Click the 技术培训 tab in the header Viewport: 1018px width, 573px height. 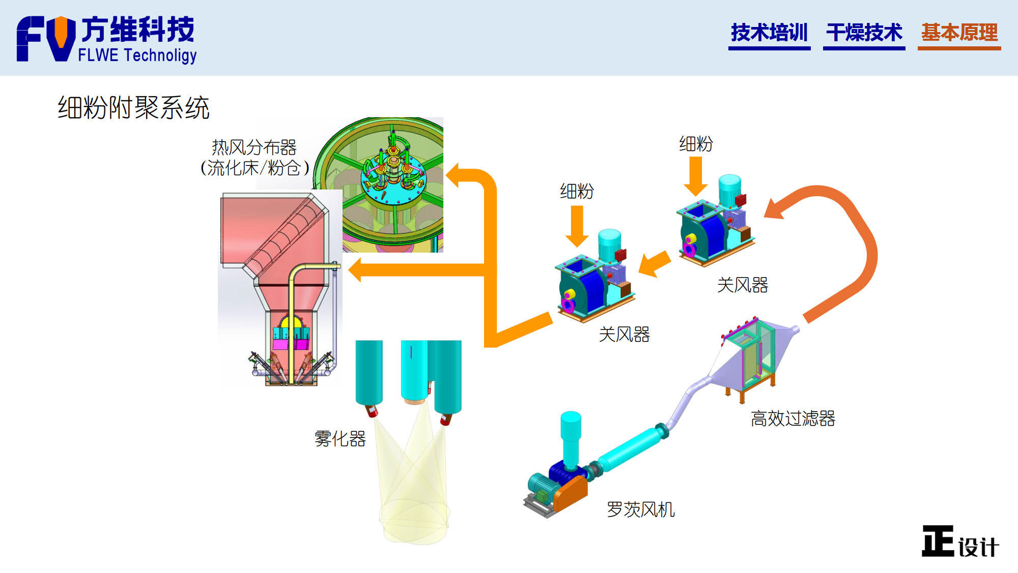tap(769, 33)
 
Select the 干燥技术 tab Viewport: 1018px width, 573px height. tap(864, 33)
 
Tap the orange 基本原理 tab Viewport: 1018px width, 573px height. tap(959, 33)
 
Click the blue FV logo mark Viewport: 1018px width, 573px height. tap(46, 39)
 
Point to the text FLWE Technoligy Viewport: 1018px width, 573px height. tap(137, 55)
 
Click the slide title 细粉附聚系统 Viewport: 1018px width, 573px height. tap(133, 108)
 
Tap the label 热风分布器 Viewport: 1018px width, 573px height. tap(254, 148)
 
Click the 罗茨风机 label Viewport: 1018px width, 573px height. tap(640, 509)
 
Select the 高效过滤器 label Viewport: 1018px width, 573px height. tap(793, 419)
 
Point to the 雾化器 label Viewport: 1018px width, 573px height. tap(340, 439)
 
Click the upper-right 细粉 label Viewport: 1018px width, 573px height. tap(696, 144)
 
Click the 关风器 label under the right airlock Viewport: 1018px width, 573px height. tap(742, 285)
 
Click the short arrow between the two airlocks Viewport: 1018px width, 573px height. tap(655, 263)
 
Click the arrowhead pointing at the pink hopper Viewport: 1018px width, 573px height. tap(356, 269)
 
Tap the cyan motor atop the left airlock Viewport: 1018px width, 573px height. tap(609, 243)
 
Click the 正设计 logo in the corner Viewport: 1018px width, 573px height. tap(960, 542)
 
